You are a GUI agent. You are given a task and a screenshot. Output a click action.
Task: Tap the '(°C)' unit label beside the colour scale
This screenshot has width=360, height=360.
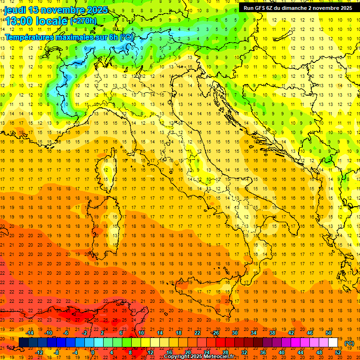[x=349, y=343]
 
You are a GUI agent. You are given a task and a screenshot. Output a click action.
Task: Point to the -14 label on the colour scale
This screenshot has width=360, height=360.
[x=30, y=333]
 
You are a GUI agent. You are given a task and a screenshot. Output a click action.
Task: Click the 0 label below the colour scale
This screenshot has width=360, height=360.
[x=93, y=352]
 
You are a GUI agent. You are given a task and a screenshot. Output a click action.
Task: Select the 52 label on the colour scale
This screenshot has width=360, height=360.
[x=338, y=352]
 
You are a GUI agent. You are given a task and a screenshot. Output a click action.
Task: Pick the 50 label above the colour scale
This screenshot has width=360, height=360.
[x=329, y=333]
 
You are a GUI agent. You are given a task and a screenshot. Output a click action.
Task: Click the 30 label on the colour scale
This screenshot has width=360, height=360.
[x=234, y=333]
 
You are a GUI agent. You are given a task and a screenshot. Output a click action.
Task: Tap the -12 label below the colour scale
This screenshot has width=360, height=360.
[x=39, y=352]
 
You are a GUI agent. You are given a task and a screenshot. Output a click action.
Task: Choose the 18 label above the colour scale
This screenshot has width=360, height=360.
[x=178, y=333]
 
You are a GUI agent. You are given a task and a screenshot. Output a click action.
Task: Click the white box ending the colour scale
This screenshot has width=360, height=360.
[x=333, y=343]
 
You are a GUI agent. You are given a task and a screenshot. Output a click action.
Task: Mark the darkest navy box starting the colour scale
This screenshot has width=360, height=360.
[x=23, y=343]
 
